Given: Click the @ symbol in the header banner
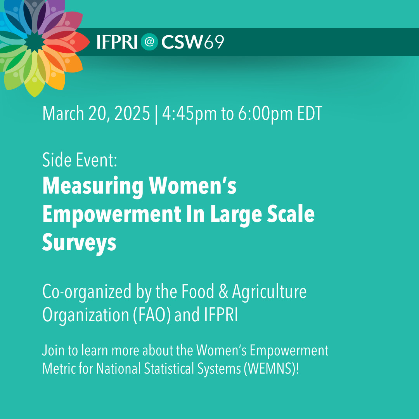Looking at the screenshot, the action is click(x=149, y=42).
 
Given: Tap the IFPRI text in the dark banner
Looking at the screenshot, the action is click(x=117, y=42).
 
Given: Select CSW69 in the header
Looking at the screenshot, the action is click(x=193, y=42).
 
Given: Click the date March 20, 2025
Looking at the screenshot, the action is click(x=96, y=113).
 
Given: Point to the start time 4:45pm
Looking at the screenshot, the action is click(x=189, y=114).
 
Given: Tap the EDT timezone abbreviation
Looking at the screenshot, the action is click(x=310, y=113).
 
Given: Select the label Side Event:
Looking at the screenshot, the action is click(x=80, y=160).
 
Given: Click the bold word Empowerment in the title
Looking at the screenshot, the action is click(x=112, y=215).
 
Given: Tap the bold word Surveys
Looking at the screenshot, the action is click(x=80, y=243).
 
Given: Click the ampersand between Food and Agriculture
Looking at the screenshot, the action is click(x=223, y=291).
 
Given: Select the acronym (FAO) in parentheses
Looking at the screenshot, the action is click(x=152, y=315).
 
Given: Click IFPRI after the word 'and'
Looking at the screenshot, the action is click(x=221, y=315).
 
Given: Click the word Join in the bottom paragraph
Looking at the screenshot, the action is click(x=53, y=351).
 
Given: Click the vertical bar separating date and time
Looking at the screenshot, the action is click(x=156, y=114).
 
